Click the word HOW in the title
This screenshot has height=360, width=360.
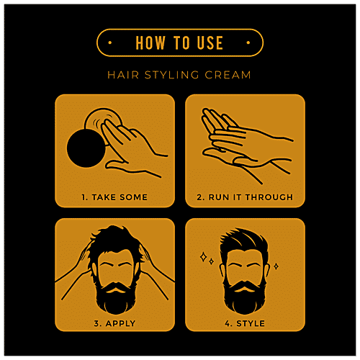[150, 42]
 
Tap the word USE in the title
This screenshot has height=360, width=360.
[210, 42]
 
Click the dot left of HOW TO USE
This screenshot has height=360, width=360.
[110, 42]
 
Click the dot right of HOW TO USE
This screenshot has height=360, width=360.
[248, 42]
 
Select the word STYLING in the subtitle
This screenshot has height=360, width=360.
[171, 75]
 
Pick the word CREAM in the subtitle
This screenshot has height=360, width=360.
[228, 75]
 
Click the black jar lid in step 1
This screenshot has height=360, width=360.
[86, 148]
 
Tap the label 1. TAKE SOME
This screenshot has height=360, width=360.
[114, 197]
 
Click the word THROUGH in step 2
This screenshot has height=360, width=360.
[269, 197]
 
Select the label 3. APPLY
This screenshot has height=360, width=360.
[114, 323]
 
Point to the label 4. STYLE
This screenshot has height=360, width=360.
[245, 323]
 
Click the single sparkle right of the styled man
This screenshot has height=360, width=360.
[276, 266]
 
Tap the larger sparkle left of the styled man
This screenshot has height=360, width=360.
[204, 257]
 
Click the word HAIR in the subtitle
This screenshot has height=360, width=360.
[123, 75]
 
